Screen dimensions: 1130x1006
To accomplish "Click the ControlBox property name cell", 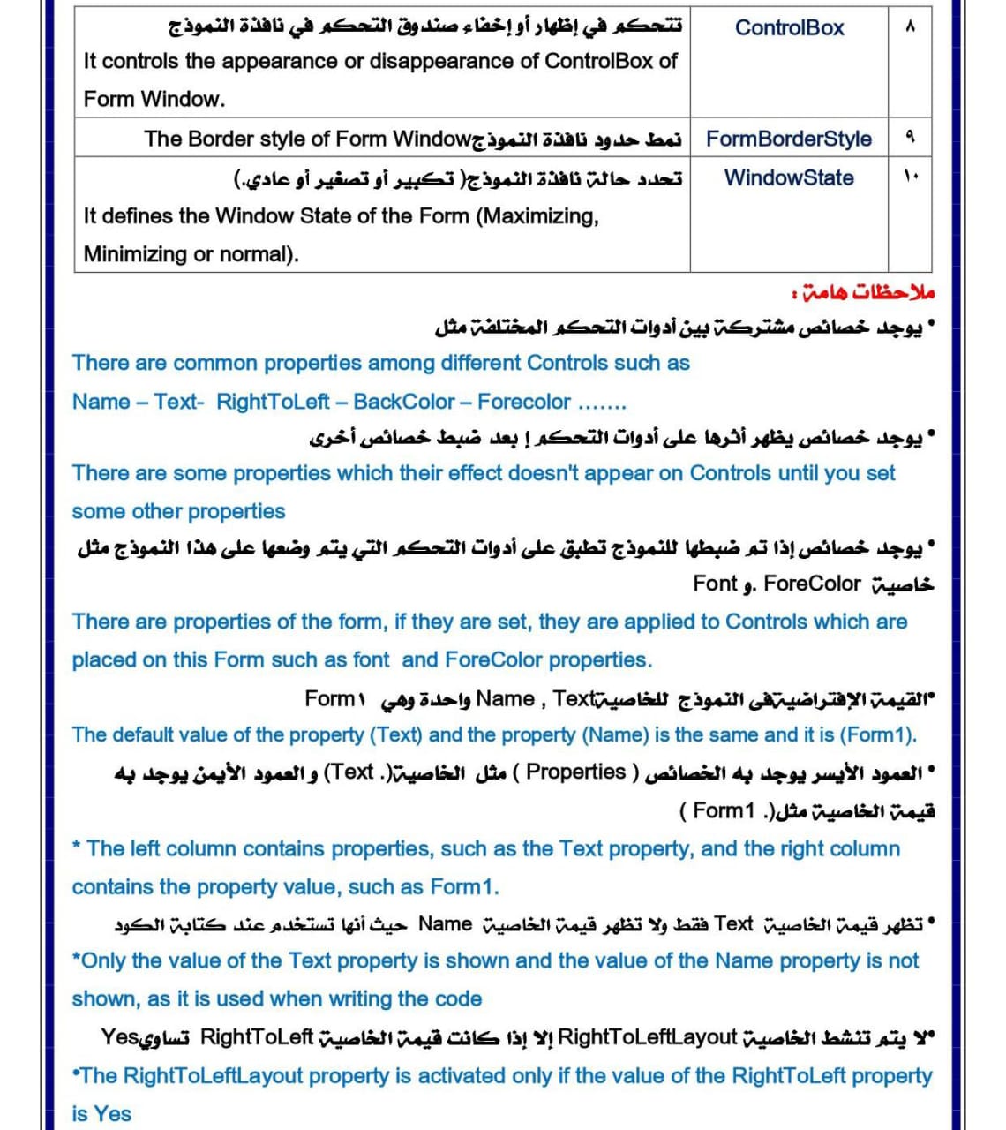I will [x=789, y=28].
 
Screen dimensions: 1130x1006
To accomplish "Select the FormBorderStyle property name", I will [x=788, y=139].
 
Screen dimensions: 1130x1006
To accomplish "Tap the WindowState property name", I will [x=788, y=177].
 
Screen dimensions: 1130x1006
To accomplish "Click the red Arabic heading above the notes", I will [x=863, y=292].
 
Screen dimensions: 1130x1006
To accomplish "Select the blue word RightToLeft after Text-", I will [x=273, y=402].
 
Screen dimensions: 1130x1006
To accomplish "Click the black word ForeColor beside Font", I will [x=812, y=584].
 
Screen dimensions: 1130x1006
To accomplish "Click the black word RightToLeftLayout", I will [x=648, y=1036].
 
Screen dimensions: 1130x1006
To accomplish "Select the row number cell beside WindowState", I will [x=911, y=177].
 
